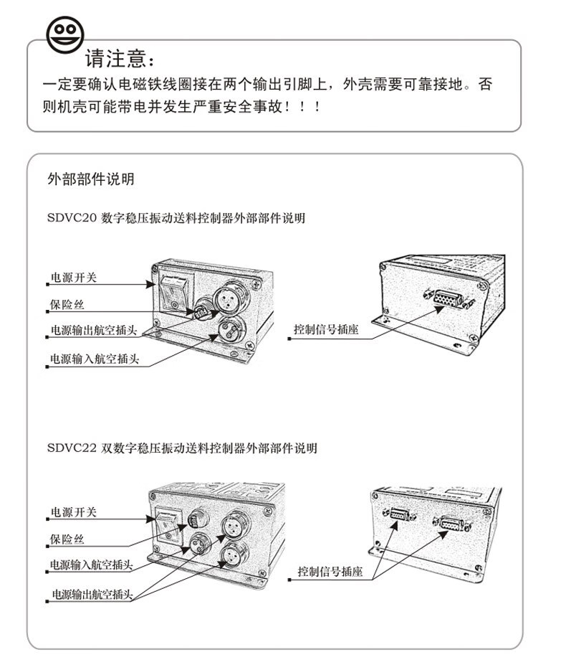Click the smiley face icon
pyautogui.click(x=65, y=34)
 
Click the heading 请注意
pyautogui.click(x=119, y=57)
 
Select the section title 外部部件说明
pyautogui.click(x=90, y=179)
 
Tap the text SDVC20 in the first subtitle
pyautogui.click(x=69, y=218)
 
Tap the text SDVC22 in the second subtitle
pyautogui.click(x=69, y=448)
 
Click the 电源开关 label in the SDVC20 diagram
pyautogui.click(x=73, y=278)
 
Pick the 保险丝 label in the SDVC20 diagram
pyautogui.click(x=67, y=305)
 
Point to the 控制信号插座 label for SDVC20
pyautogui.click(x=326, y=330)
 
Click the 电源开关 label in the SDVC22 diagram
pyautogui.click(x=73, y=512)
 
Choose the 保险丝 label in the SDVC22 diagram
pyautogui.click(x=67, y=539)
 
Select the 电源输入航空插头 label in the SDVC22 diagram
pyautogui.click(x=92, y=565)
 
